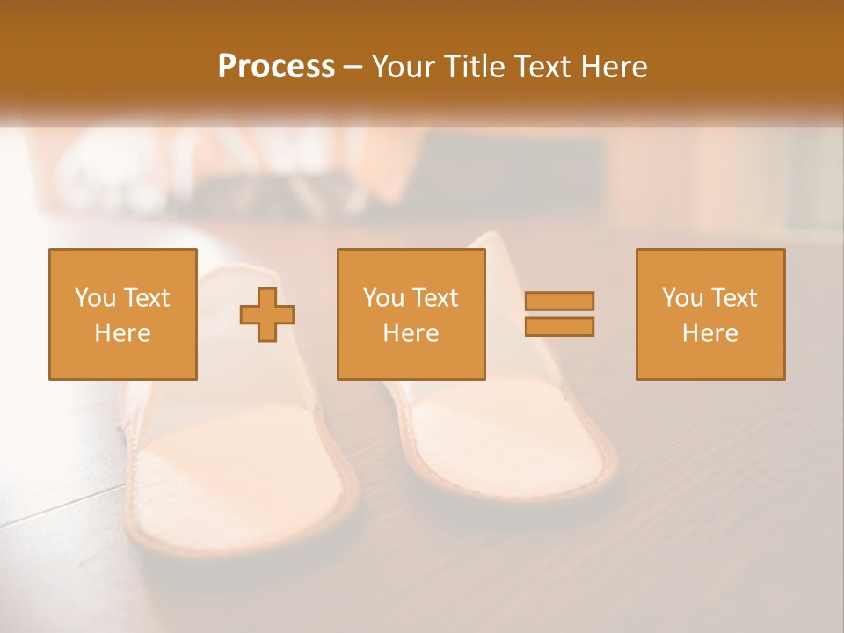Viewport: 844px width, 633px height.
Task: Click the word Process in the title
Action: tap(276, 67)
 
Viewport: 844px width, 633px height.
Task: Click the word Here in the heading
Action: tap(615, 67)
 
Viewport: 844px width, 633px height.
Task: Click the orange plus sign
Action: tap(267, 314)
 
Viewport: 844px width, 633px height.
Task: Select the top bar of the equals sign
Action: tap(559, 301)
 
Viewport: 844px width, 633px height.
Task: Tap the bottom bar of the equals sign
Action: tap(559, 326)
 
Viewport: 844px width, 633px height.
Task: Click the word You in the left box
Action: tap(95, 298)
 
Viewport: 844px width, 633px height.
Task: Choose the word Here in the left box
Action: tap(122, 333)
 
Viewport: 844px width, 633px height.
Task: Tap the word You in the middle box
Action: tap(383, 298)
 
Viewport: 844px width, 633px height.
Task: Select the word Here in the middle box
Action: tap(411, 333)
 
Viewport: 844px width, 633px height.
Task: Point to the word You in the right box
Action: tap(682, 298)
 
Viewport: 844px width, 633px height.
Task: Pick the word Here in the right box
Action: tap(709, 333)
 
